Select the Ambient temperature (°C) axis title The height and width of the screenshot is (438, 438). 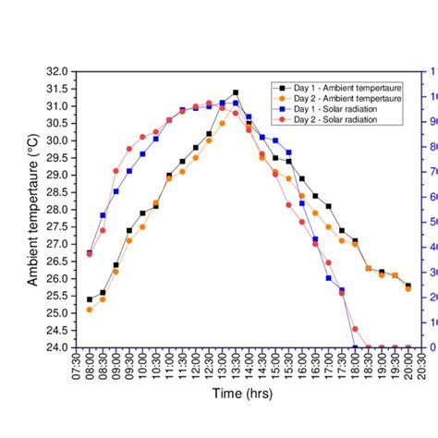point(31,209)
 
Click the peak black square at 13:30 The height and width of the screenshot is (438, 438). point(236,92)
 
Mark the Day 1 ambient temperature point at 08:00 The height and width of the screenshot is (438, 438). point(90,299)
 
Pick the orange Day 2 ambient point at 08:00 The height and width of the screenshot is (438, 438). point(90,310)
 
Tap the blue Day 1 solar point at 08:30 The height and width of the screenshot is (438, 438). point(103,215)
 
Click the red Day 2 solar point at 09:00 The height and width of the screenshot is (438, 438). point(116,171)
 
